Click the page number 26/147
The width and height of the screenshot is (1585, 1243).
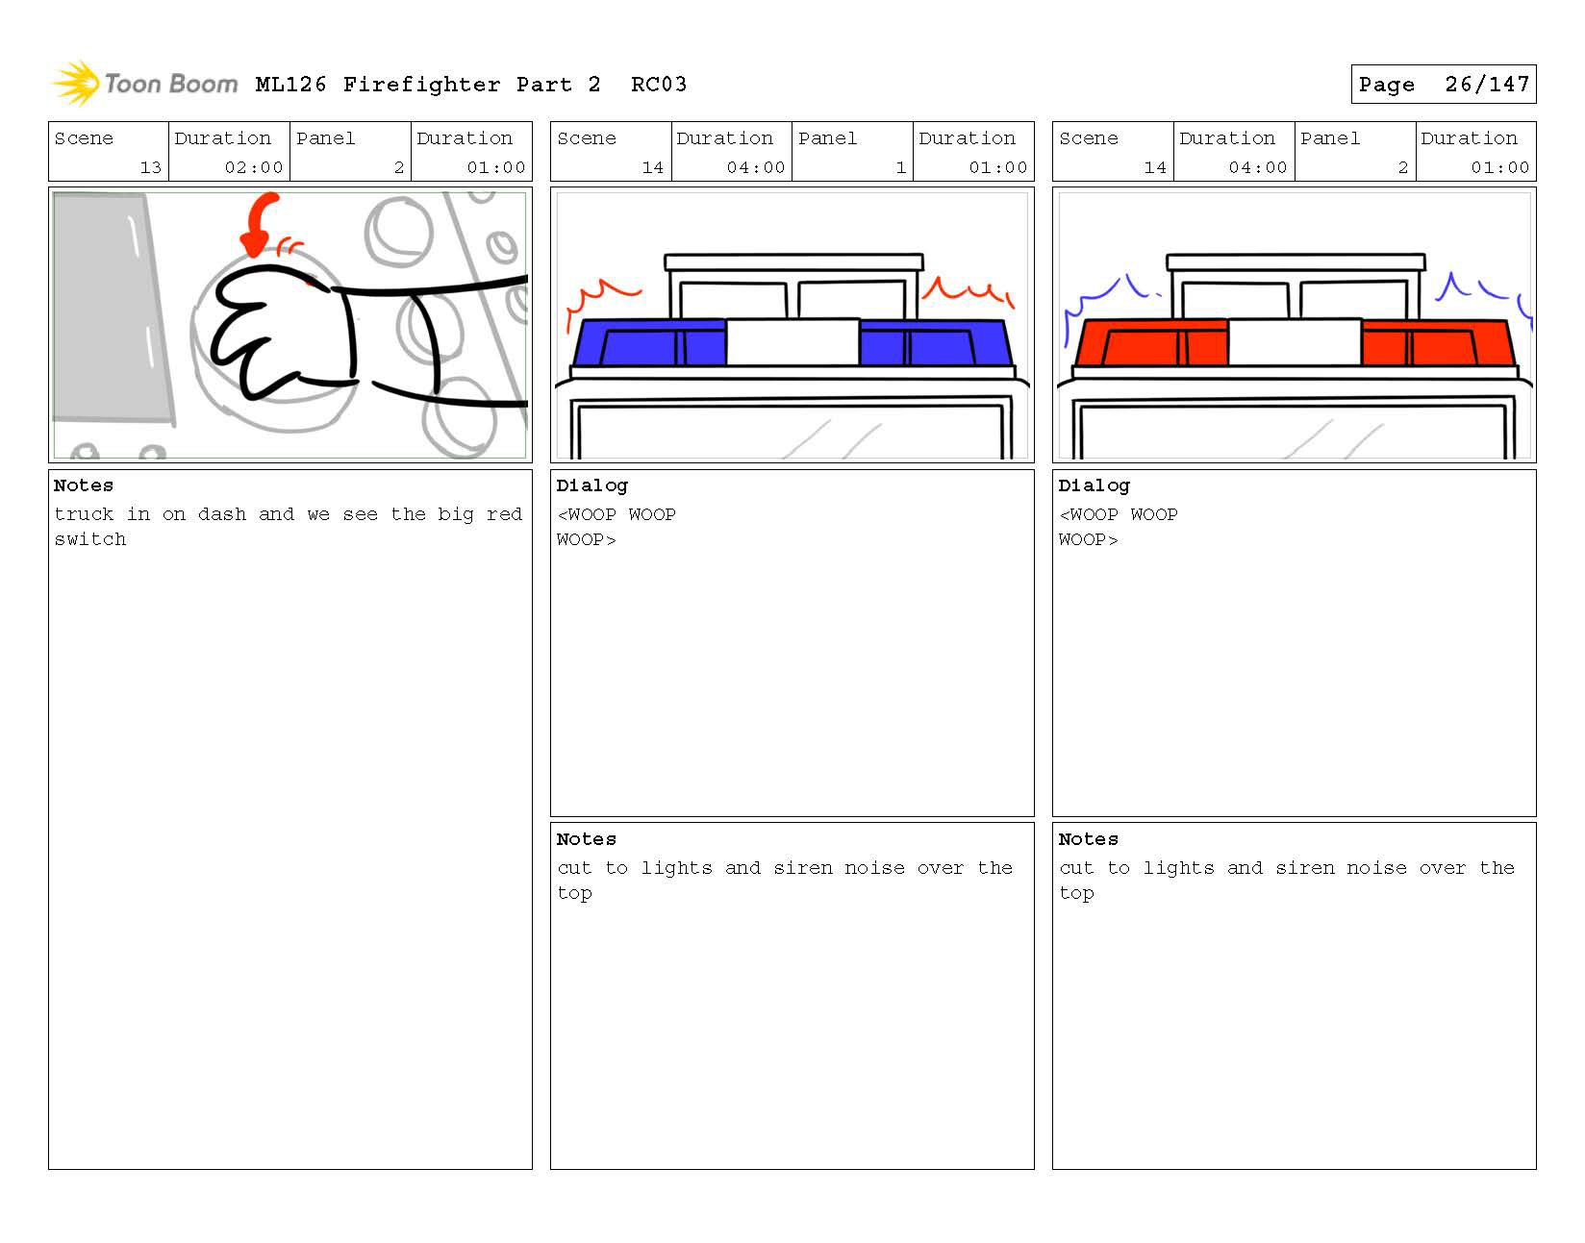pos(1486,85)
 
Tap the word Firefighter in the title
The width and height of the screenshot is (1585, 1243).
pos(421,85)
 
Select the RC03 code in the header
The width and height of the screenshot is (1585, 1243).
pos(659,85)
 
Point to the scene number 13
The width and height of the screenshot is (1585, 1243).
pos(150,167)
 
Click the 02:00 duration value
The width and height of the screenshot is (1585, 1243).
pos(253,167)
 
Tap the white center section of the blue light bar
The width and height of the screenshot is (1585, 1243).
pos(792,342)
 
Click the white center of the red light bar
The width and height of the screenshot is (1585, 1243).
pos(1295,342)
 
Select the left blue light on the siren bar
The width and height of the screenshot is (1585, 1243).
pos(649,342)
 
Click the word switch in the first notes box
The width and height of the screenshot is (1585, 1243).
pos(90,539)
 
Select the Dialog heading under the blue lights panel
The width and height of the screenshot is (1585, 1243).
pos(591,486)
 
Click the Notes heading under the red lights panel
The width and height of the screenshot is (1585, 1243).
pos(1088,839)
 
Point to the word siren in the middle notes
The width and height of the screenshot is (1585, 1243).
pos(802,867)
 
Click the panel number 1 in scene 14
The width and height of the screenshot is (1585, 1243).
pos(901,167)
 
